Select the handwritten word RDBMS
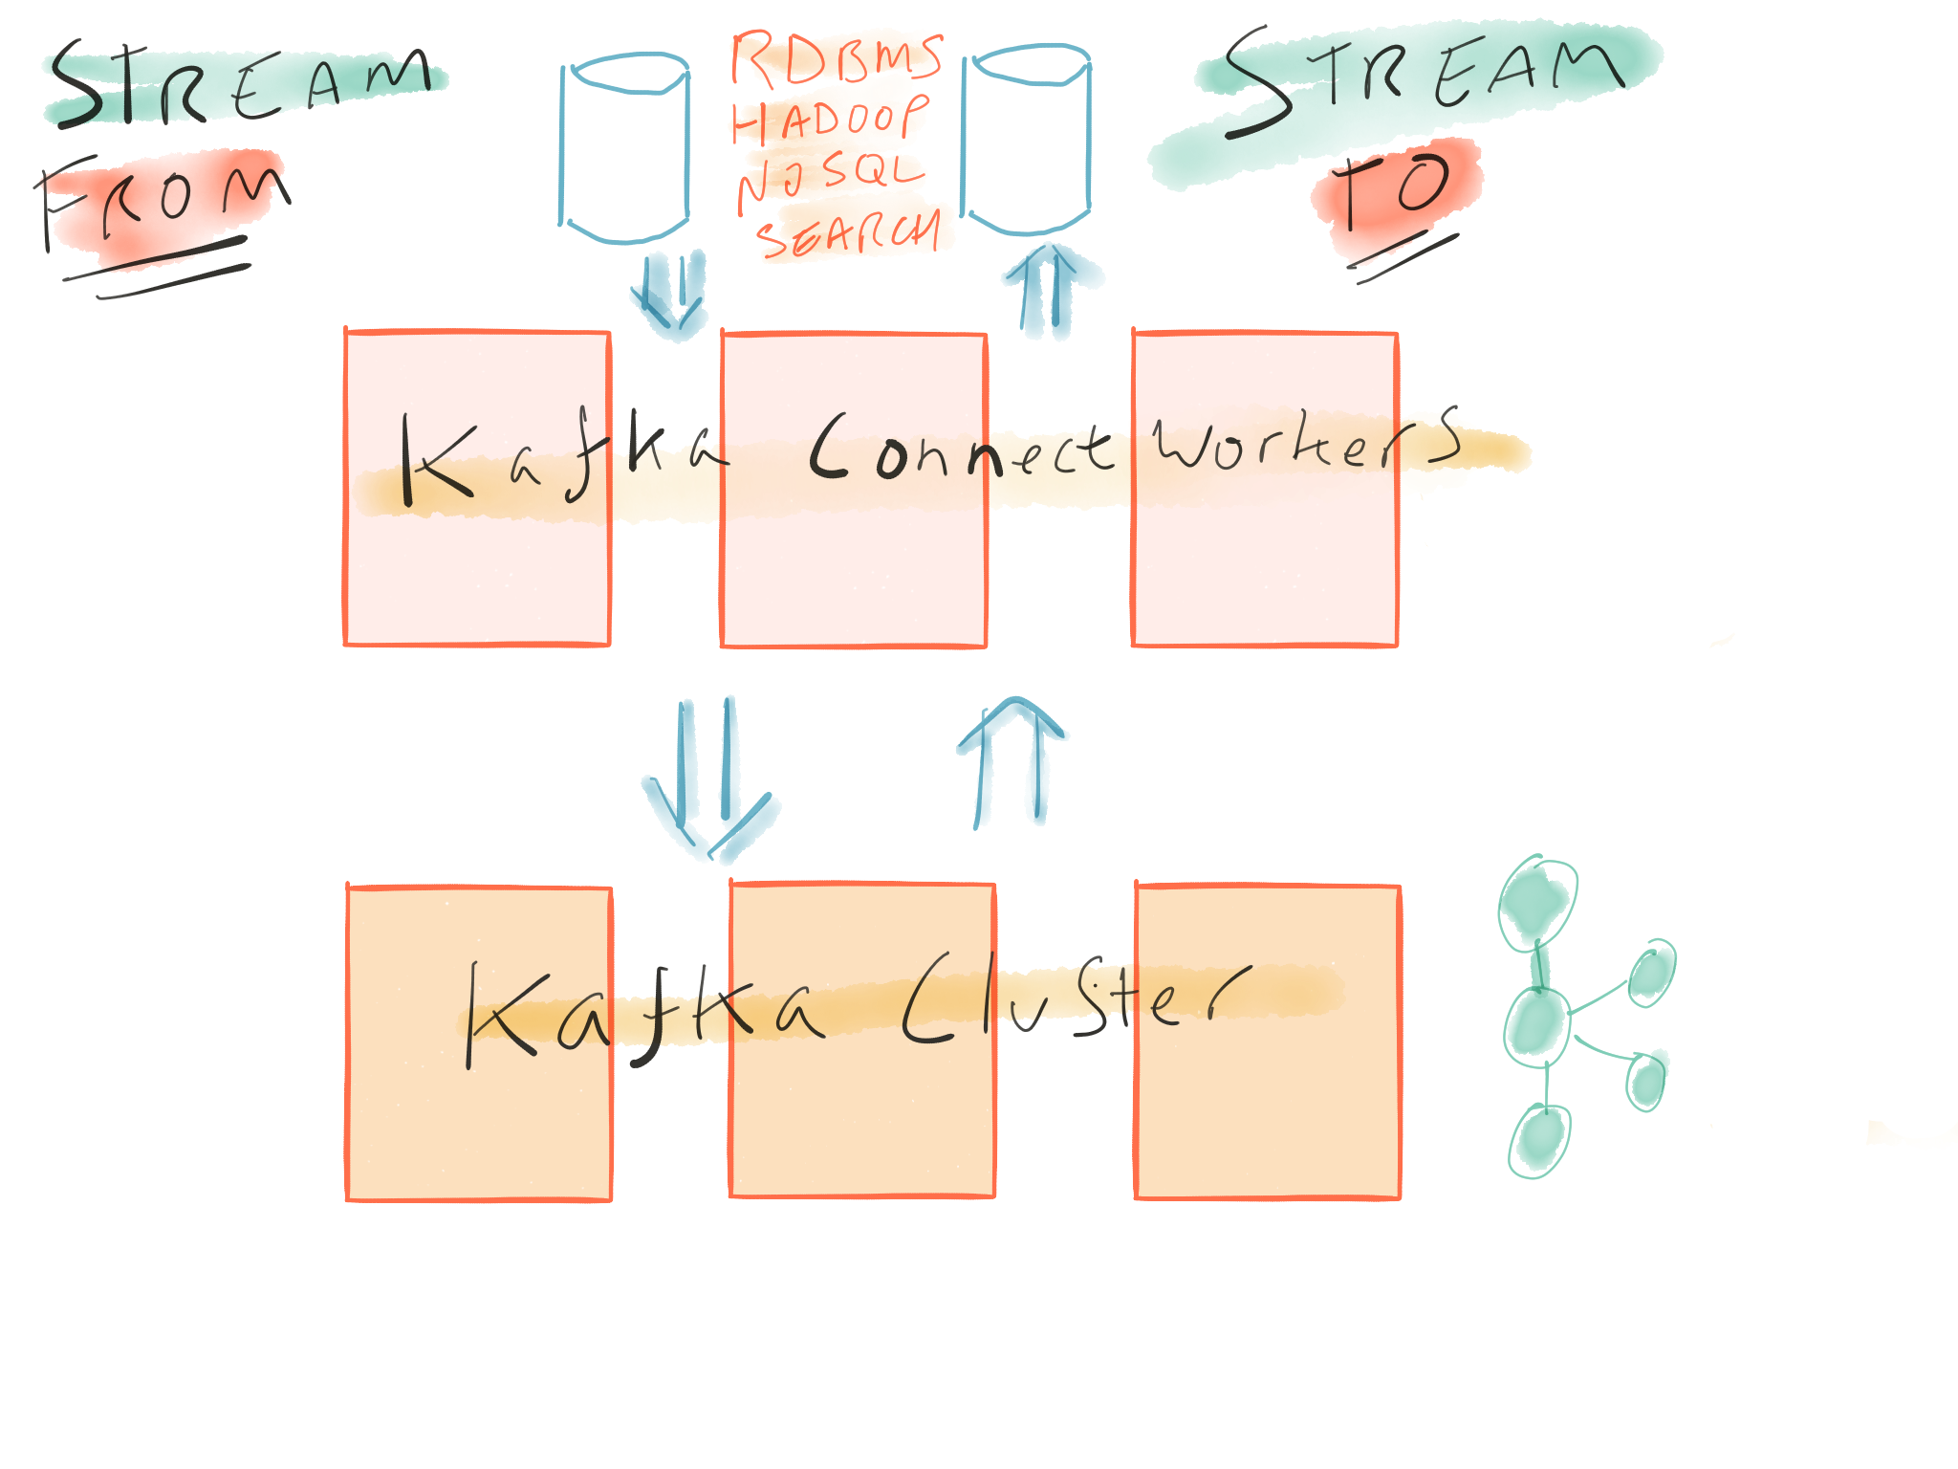click(838, 57)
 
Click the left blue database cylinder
click(624, 148)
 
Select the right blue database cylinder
click(1026, 139)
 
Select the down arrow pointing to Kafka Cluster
click(707, 775)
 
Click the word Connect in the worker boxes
click(961, 449)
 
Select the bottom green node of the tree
click(1539, 1140)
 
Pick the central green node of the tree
click(1536, 1025)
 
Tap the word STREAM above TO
click(1425, 77)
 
